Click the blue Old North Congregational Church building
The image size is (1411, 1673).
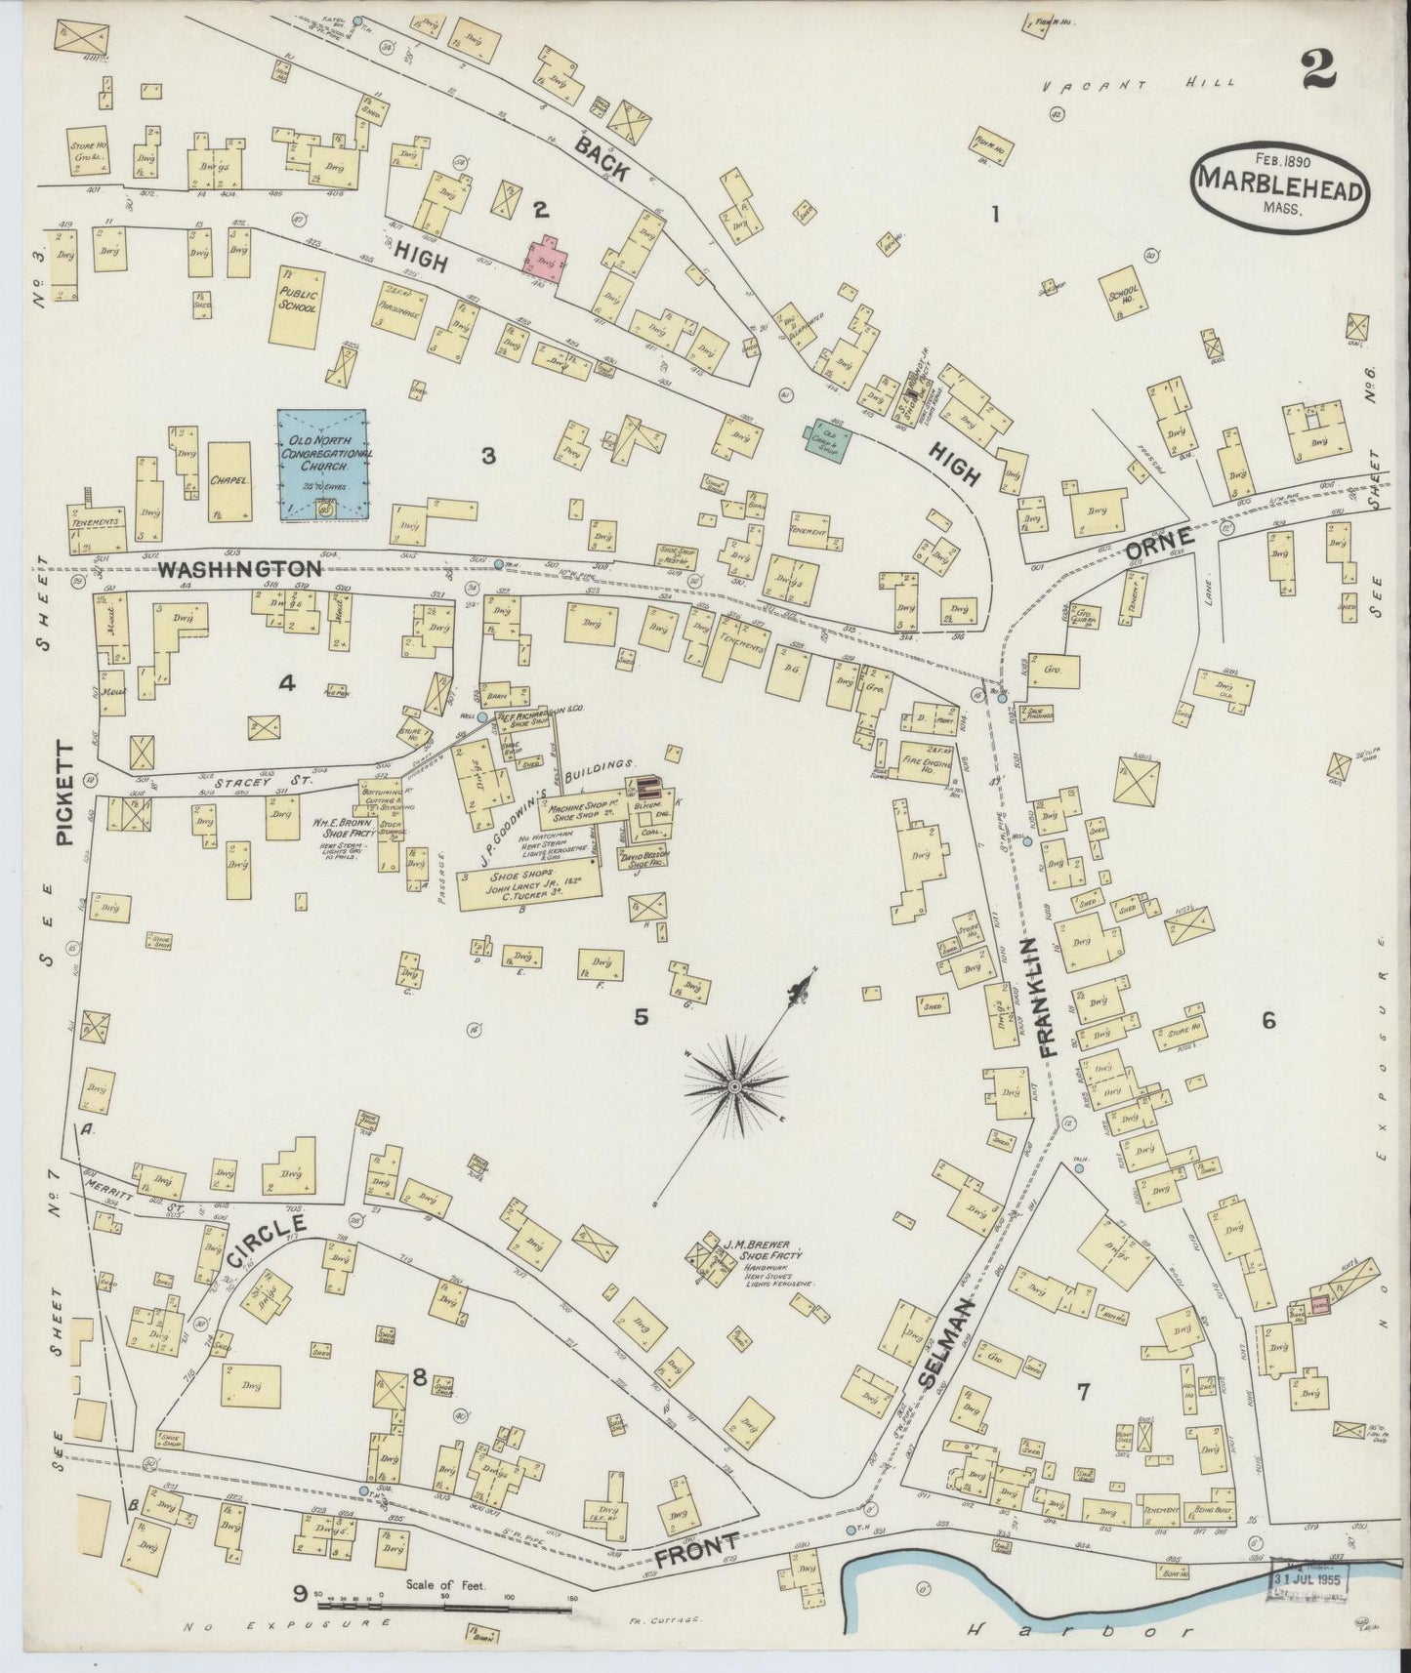click(322, 463)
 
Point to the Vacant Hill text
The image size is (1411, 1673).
click(1138, 86)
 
